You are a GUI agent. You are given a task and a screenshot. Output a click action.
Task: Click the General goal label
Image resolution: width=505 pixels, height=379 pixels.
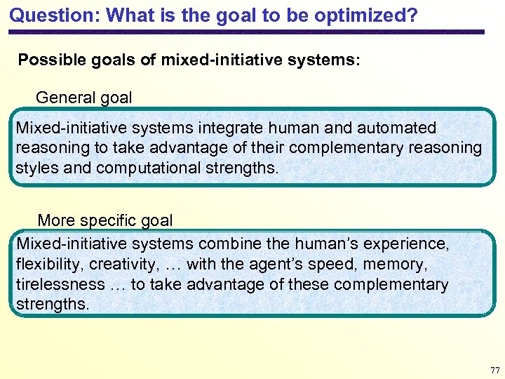(x=83, y=98)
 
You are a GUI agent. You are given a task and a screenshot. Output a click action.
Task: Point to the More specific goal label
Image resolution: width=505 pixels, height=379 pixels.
(x=105, y=220)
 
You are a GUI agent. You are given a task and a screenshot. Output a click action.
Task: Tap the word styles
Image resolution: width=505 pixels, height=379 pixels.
(x=36, y=168)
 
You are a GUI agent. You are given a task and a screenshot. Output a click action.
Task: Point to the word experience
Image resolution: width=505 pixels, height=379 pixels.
(x=410, y=244)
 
